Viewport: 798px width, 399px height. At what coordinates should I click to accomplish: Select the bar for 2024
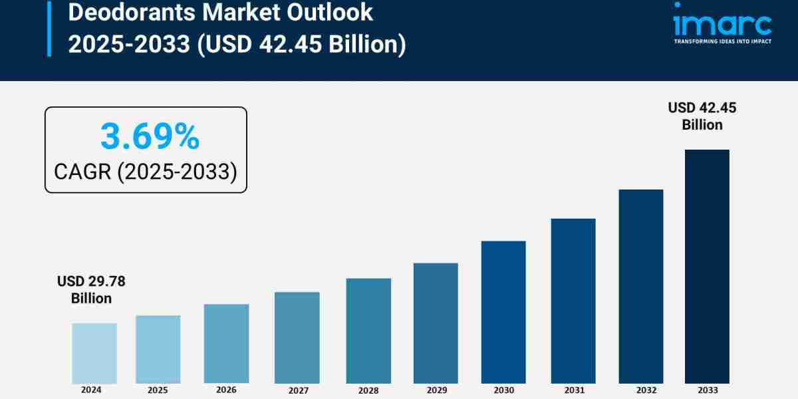point(94,353)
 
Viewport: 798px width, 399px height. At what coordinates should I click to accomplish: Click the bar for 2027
point(297,337)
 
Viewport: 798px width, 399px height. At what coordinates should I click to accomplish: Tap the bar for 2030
point(503,312)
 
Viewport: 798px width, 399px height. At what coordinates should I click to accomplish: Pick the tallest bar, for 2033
point(707,266)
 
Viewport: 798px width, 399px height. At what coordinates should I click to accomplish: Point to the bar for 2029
point(436,323)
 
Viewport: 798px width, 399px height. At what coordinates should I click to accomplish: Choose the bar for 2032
point(641,286)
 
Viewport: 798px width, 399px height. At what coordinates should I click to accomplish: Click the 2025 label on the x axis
point(158,390)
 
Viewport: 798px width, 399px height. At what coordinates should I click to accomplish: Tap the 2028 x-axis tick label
point(368,390)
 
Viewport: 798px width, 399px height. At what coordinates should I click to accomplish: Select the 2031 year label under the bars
point(573,390)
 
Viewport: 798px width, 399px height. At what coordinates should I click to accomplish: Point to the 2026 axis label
point(226,390)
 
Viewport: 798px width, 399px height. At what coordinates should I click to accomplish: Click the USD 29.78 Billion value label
point(91,290)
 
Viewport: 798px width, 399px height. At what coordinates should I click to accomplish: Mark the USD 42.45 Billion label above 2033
point(702,116)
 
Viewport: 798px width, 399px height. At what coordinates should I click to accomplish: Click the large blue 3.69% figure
point(150,137)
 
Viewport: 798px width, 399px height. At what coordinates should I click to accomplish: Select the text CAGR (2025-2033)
point(146,172)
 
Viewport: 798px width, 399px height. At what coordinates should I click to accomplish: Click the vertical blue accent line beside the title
point(49,28)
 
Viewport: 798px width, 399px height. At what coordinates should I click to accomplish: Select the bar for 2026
point(226,344)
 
